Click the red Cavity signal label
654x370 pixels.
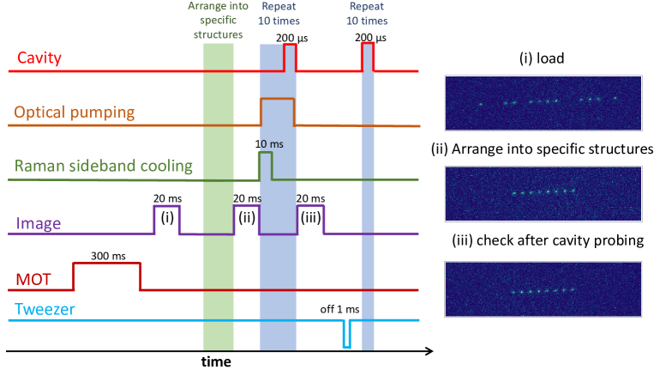coord(42,59)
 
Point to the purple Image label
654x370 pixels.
coord(39,225)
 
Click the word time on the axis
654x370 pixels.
coord(216,361)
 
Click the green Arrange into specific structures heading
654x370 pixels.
coord(224,21)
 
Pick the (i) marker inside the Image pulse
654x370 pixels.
coord(167,217)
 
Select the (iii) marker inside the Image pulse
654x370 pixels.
coord(310,217)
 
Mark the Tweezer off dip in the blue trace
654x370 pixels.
coord(345,335)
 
